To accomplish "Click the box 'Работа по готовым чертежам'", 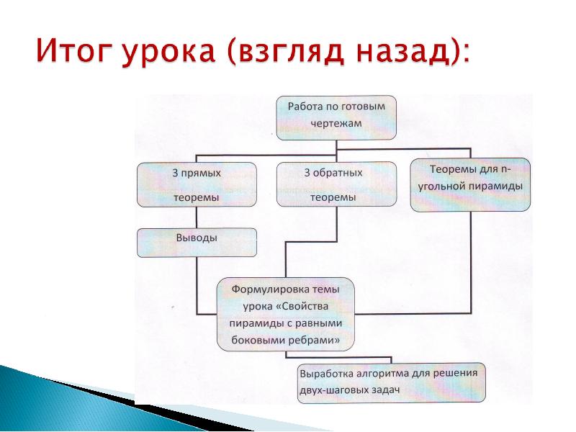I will [x=336, y=116].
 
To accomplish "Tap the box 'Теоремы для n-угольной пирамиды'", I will [x=470, y=184].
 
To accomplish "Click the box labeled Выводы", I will [x=197, y=242].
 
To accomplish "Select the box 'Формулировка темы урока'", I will [x=286, y=314].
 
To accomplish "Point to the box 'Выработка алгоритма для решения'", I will [x=392, y=382].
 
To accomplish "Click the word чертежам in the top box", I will [x=336, y=123].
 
